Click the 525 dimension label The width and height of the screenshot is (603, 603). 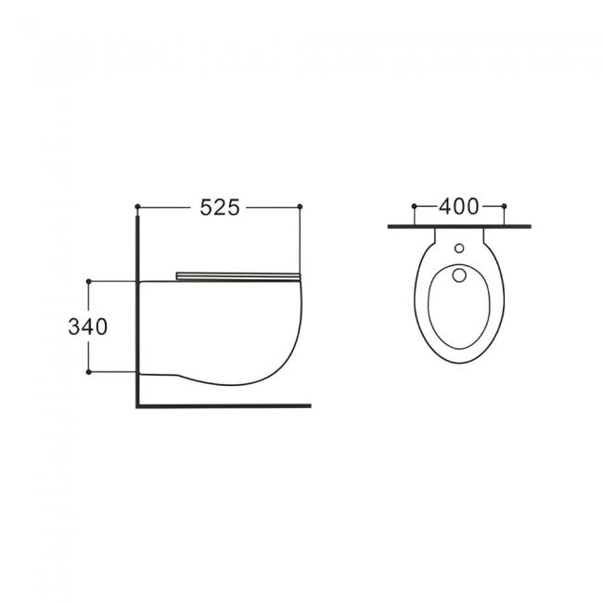pyautogui.click(x=220, y=208)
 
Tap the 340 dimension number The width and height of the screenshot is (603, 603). pyautogui.click(x=88, y=327)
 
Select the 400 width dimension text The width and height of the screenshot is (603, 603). pyautogui.click(x=459, y=206)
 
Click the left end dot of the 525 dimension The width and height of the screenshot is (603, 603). pyautogui.click(x=137, y=207)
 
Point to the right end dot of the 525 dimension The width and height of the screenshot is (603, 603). pyautogui.click(x=301, y=207)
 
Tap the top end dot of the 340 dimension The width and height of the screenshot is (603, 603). pyautogui.click(x=89, y=281)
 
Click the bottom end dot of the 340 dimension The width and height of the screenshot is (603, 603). pyautogui.click(x=89, y=372)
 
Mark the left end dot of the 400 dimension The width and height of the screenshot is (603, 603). pyautogui.click(x=414, y=206)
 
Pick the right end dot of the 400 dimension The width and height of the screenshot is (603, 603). pyautogui.click(x=505, y=206)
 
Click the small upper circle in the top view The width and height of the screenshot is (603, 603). pyautogui.click(x=459, y=249)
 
